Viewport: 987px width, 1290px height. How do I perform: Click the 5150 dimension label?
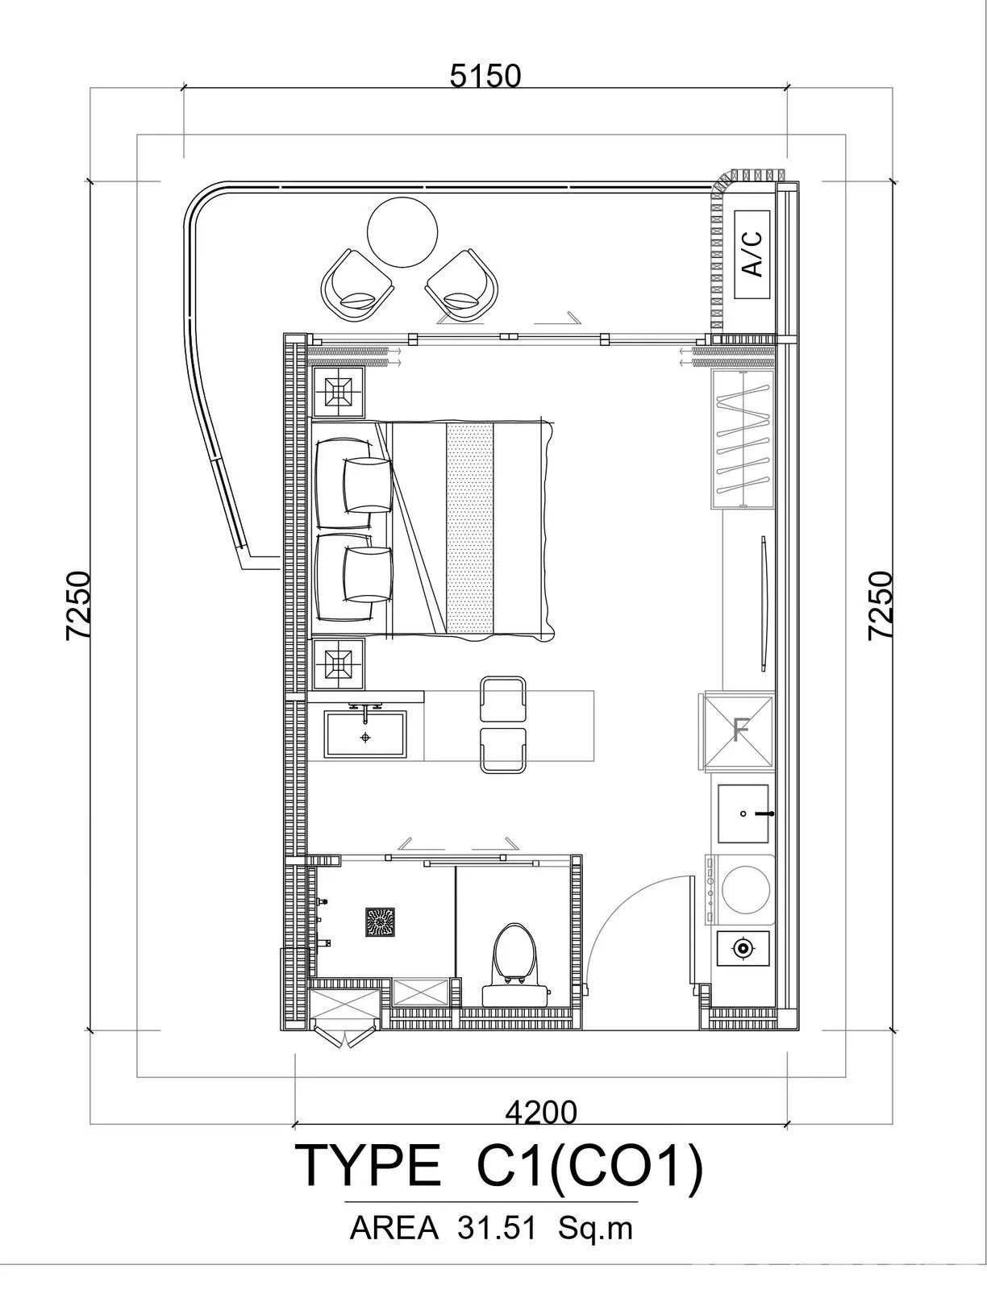click(485, 77)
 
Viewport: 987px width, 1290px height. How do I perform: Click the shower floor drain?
click(380, 922)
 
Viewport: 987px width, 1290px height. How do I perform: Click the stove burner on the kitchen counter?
click(743, 947)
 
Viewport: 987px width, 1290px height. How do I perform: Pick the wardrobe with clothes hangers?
click(743, 440)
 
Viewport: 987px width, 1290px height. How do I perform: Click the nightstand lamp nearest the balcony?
click(338, 392)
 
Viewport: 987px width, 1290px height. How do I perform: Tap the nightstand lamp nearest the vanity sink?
click(338, 664)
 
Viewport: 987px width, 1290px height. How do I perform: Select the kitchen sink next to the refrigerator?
click(743, 814)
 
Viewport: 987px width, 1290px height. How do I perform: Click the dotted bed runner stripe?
click(469, 528)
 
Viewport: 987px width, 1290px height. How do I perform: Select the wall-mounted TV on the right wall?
click(763, 603)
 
